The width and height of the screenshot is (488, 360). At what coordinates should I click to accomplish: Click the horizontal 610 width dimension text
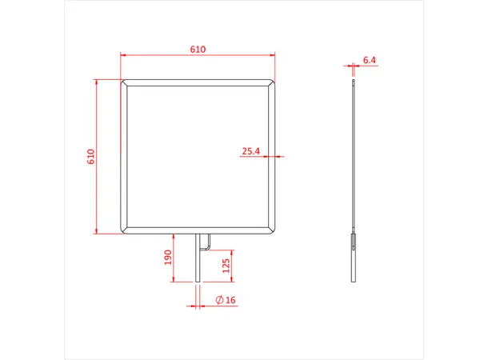(198, 49)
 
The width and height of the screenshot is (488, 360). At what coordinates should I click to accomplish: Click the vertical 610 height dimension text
(90, 157)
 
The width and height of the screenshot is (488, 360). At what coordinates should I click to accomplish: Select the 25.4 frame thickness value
(251, 150)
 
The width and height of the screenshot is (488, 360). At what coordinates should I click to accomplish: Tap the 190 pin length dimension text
(168, 258)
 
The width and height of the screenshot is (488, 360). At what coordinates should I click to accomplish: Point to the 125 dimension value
(226, 265)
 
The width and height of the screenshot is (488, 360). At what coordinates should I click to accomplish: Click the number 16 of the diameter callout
(230, 300)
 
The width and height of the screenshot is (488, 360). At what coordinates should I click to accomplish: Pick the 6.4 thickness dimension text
(369, 60)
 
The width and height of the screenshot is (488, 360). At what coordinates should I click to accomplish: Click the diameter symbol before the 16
(219, 300)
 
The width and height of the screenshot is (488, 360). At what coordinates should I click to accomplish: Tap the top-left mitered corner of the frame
(124, 82)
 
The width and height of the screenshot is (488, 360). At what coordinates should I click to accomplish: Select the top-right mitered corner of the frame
(274, 82)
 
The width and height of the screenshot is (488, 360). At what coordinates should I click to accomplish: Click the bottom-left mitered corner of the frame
(124, 230)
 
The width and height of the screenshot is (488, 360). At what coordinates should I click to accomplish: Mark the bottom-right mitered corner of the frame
(274, 230)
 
